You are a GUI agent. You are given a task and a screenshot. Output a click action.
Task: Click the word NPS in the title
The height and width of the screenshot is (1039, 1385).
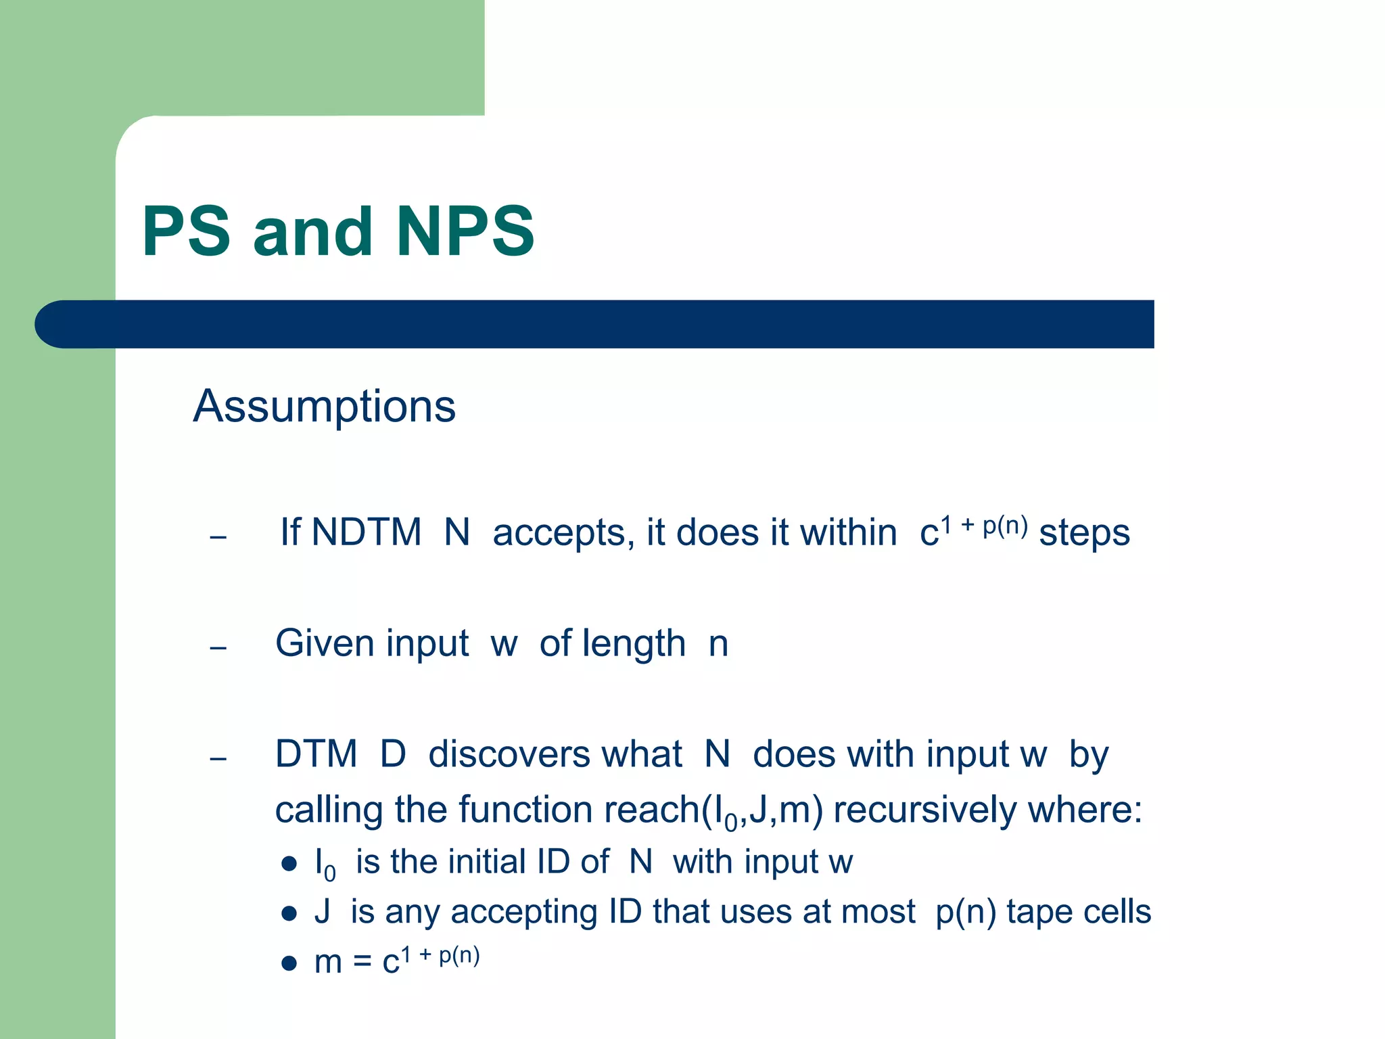[x=465, y=232]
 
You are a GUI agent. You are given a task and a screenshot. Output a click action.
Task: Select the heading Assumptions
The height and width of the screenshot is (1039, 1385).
[x=325, y=407]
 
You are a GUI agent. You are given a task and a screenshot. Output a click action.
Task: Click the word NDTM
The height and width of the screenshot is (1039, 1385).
[x=367, y=532]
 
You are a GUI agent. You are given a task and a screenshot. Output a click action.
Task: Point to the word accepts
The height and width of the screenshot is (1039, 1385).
[x=563, y=533]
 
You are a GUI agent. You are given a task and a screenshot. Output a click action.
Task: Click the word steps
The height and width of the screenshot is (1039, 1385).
[x=1084, y=533]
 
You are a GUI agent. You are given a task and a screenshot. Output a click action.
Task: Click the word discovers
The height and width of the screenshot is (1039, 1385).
[x=555, y=754]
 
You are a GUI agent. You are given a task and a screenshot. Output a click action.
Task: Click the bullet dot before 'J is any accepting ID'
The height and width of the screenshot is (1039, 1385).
[x=289, y=914]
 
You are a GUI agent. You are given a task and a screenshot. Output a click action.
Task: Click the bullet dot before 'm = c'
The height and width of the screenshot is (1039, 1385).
[x=289, y=963]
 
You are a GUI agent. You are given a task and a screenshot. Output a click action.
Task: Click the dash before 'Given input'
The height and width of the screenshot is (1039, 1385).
[x=218, y=649]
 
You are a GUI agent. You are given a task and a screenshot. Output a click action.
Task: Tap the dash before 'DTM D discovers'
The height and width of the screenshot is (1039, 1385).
[x=218, y=759]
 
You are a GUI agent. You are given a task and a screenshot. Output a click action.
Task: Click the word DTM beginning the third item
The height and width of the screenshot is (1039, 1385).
[x=316, y=754]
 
